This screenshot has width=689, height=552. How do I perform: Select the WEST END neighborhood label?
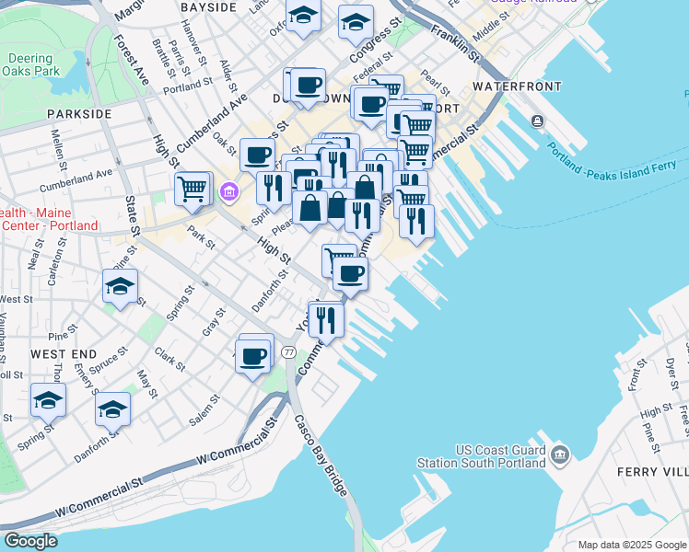click(x=63, y=353)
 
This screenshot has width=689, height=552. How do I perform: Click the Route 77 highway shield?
click(x=288, y=352)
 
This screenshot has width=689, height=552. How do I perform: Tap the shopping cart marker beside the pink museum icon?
click(x=193, y=189)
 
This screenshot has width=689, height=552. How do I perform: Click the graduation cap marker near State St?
click(x=120, y=287)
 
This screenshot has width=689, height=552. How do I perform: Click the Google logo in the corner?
click(x=30, y=541)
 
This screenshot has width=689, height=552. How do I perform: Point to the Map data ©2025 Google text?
click(x=632, y=545)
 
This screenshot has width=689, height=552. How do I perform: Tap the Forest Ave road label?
click(x=133, y=61)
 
